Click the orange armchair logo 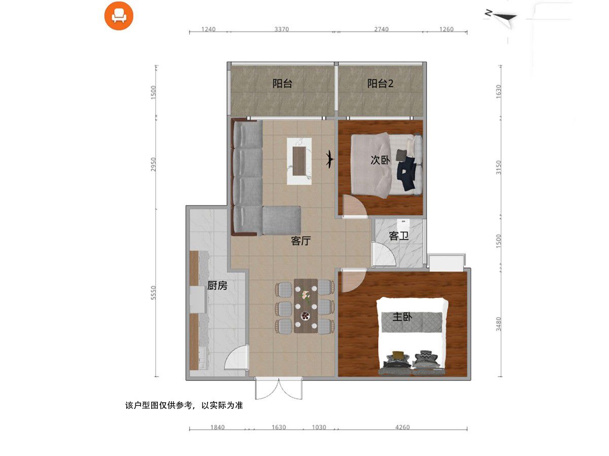pyautogui.click(x=118, y=16)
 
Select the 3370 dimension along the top pyautogui.click(x=282, y=29)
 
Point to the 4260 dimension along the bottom pyautogui.click(x=402, y=427)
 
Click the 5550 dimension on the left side pyautogui.click(x=153, y=293)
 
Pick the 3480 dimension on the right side pyautogui.click(x=498, y=324)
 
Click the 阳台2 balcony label pyautogui.click(x=380, y=83)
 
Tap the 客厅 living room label pyautogui.click(x=301, y=241)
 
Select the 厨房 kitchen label pyautogui.click(x=217, y=285)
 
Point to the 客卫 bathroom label pyautogui.click(x=399, y=236)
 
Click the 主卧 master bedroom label pyautogui.click(x=402, y=317)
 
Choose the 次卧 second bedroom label pyautogui.click(x=380, y=160)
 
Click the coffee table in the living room pyautogui.click(x=299, y=161)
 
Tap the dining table pyautogui.click(x=306, y=306)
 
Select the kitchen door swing pyautogui.click(x=236, y=357)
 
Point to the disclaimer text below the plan pyautogui.click(x=184, y=405)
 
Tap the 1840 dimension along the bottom pyautogui.click(x=217, y=427)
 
